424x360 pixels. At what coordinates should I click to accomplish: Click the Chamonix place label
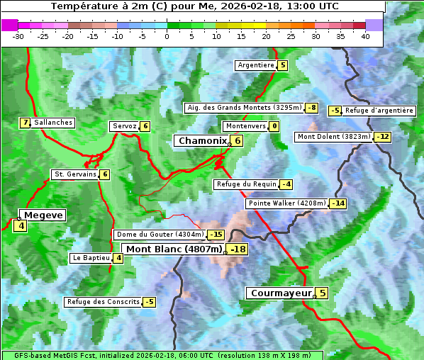coord(201,141)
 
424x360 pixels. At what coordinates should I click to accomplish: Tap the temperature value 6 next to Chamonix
coord(238,141)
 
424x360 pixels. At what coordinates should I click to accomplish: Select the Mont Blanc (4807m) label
coord(174,249)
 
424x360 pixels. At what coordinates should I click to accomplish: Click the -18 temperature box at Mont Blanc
coord(238,249)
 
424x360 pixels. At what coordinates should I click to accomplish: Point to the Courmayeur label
coord(281,293)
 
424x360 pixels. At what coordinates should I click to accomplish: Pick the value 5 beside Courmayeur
coord(322,293)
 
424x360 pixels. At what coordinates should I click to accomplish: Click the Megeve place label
coord(44,215)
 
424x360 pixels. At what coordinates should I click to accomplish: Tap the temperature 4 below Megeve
coord(20,227)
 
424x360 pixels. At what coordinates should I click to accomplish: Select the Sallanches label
coord(52,123)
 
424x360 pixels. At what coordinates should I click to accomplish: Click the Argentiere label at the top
coord(256,65)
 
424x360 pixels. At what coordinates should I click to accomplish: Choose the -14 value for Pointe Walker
coord(338,203)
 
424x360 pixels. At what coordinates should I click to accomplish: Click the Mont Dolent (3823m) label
coord(334,137)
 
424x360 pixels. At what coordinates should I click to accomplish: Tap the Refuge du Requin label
coord(246,184)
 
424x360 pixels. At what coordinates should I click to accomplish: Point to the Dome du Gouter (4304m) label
coord(160,235)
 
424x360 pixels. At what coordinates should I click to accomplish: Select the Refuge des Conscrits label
coord(103,302)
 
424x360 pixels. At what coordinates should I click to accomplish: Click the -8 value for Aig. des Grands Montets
coord(311,108)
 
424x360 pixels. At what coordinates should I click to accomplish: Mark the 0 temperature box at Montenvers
coord(274,126)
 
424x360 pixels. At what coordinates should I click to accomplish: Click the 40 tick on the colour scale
coord(365,36)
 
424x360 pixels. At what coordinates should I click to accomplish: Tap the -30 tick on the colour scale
coord(18,36)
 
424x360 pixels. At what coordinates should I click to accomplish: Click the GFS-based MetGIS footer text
coord(162,355)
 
